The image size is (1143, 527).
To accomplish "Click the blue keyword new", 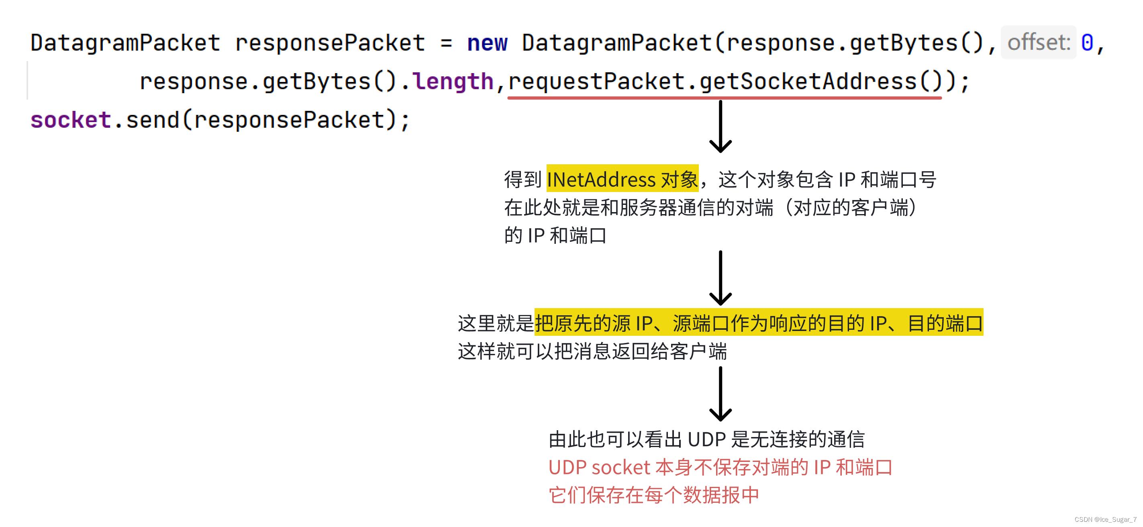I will point(487,43).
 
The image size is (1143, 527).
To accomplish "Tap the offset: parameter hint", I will point(1038,43).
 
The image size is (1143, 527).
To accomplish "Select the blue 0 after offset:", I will point(1087,43).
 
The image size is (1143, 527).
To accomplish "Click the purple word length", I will point(453,82).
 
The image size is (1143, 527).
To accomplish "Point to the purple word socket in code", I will point(71,120).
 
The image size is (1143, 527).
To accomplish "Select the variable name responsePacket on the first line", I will point(330,43).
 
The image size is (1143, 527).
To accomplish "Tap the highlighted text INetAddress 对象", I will point(622,179).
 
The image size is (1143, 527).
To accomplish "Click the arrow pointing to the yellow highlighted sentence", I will point(720,278).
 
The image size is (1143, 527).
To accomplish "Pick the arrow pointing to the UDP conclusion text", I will point(720,394).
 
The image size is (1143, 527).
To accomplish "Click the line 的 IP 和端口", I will point(555,235).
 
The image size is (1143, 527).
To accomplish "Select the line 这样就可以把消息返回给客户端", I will point(592,351).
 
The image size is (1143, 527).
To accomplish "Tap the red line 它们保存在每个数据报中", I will point(653,495).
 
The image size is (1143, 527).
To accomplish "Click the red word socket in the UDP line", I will point(621,468).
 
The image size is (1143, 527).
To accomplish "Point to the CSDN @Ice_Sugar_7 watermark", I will point(1105,519).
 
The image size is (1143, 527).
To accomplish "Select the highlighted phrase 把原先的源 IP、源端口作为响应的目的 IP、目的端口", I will point(759,323).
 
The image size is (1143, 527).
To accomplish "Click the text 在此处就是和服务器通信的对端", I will point(639,207).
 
